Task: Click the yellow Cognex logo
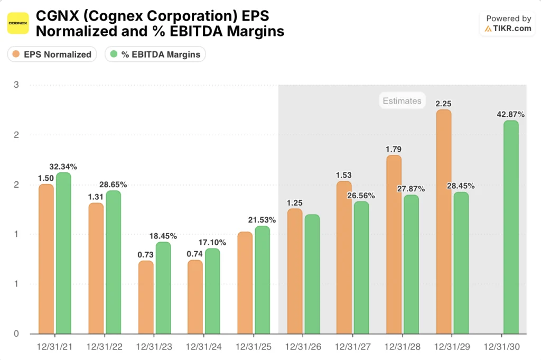click(18, 23)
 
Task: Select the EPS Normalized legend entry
click(52, 54)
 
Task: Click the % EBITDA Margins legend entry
click(155, 54)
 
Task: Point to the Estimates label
click(402, 100)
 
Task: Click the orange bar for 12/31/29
click(444, 221)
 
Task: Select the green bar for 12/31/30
click(511, 227)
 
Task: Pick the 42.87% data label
click(511, 114)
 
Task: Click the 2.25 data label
click(444, 103)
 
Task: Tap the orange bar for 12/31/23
click(146, 297)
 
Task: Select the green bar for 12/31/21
click(63, 253)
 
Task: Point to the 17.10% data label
click(212, 242)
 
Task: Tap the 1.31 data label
click(95, 196)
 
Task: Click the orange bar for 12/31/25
click(245, 283)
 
